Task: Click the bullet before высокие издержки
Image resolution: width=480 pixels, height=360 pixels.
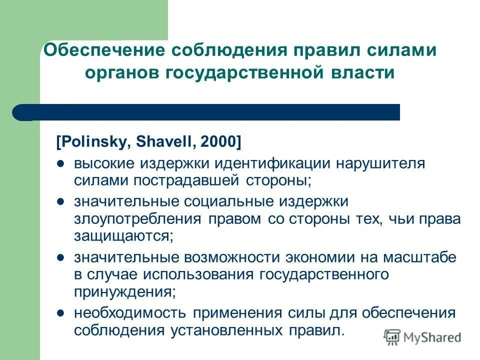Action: point(60,163)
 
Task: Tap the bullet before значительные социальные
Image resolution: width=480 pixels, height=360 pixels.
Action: point(60,201)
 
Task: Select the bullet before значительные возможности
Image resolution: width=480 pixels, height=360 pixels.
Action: point(60,257)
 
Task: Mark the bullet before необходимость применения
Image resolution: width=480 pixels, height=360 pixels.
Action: point(60,313)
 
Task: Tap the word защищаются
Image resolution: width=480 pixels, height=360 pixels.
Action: point(123,236)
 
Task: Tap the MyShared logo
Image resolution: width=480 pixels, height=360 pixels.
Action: point(423,337)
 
